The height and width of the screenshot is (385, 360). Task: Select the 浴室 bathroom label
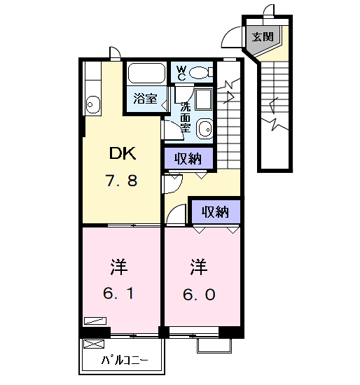coord(145,98)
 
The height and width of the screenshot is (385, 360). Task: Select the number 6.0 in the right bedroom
coord(200,294)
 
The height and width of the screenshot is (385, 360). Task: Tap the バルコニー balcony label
coord(125,361)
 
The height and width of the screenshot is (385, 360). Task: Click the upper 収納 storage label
coord(188,159)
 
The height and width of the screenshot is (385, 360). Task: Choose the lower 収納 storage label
coord(215,211)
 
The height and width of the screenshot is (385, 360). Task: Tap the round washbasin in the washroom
coord(205,128)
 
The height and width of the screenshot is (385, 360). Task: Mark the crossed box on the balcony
coord(93,344)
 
